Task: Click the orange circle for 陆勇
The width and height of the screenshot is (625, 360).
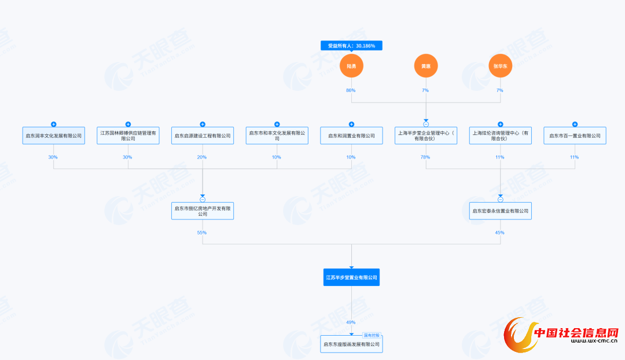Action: pos(351,66)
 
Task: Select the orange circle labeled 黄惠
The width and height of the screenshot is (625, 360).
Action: pos(426,66)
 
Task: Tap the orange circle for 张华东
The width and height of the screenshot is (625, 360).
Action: pos(500,66)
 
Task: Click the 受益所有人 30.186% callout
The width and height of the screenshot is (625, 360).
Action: pos(351,46)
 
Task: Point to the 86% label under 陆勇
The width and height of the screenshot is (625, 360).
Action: pos(351,90)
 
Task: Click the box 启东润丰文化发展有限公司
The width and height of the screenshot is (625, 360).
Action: pos(54,135)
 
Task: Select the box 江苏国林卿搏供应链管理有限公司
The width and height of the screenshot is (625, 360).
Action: pos(128,135)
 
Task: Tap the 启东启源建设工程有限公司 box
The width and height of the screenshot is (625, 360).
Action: pos(203,135)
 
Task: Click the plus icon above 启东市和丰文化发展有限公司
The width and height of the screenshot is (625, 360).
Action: pos(277,124)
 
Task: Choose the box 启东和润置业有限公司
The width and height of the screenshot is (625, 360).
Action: pos(351,135)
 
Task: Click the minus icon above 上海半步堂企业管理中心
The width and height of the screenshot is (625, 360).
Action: pos(426,124)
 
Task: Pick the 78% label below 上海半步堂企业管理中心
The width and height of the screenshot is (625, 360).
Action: pos(425,157)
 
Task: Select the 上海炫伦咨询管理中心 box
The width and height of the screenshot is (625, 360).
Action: pos(501,135)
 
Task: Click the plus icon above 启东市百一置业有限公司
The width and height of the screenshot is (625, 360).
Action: pos(575,124)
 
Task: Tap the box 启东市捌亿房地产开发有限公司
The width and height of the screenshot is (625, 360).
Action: pos(203,211)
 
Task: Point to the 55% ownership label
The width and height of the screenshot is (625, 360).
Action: pos(202,232)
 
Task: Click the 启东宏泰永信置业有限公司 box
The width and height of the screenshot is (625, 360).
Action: pos(501,211)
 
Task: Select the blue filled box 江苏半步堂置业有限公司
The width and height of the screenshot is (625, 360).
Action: pos(351,277)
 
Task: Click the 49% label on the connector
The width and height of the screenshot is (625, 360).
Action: pos(351,322)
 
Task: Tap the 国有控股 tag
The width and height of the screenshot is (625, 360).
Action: pos(372,335)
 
